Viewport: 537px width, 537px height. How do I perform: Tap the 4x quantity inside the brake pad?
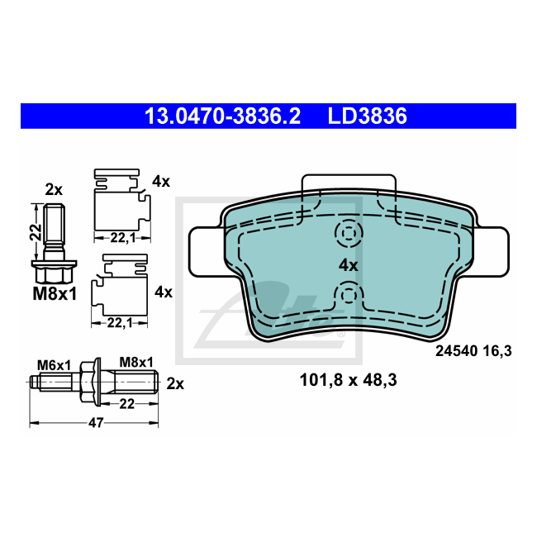(348, 265)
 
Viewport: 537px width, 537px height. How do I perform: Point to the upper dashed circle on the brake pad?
(348, 234)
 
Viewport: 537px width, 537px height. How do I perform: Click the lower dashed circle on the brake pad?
(348, 294)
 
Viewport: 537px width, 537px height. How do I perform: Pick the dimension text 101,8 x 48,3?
(348, 381)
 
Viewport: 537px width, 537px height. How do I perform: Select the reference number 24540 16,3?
(473, 351)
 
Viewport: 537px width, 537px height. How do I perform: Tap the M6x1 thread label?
(53, 363)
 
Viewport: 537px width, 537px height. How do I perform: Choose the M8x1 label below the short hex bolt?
(54, 293)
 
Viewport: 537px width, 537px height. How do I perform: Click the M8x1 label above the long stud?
(136, 362)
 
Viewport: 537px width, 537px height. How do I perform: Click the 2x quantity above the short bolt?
(54, 189)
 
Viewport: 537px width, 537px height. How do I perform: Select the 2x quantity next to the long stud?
(174, 383)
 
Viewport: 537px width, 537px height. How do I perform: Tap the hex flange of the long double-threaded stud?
(93, 383)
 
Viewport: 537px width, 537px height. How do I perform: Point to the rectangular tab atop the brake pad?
(348, 185)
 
